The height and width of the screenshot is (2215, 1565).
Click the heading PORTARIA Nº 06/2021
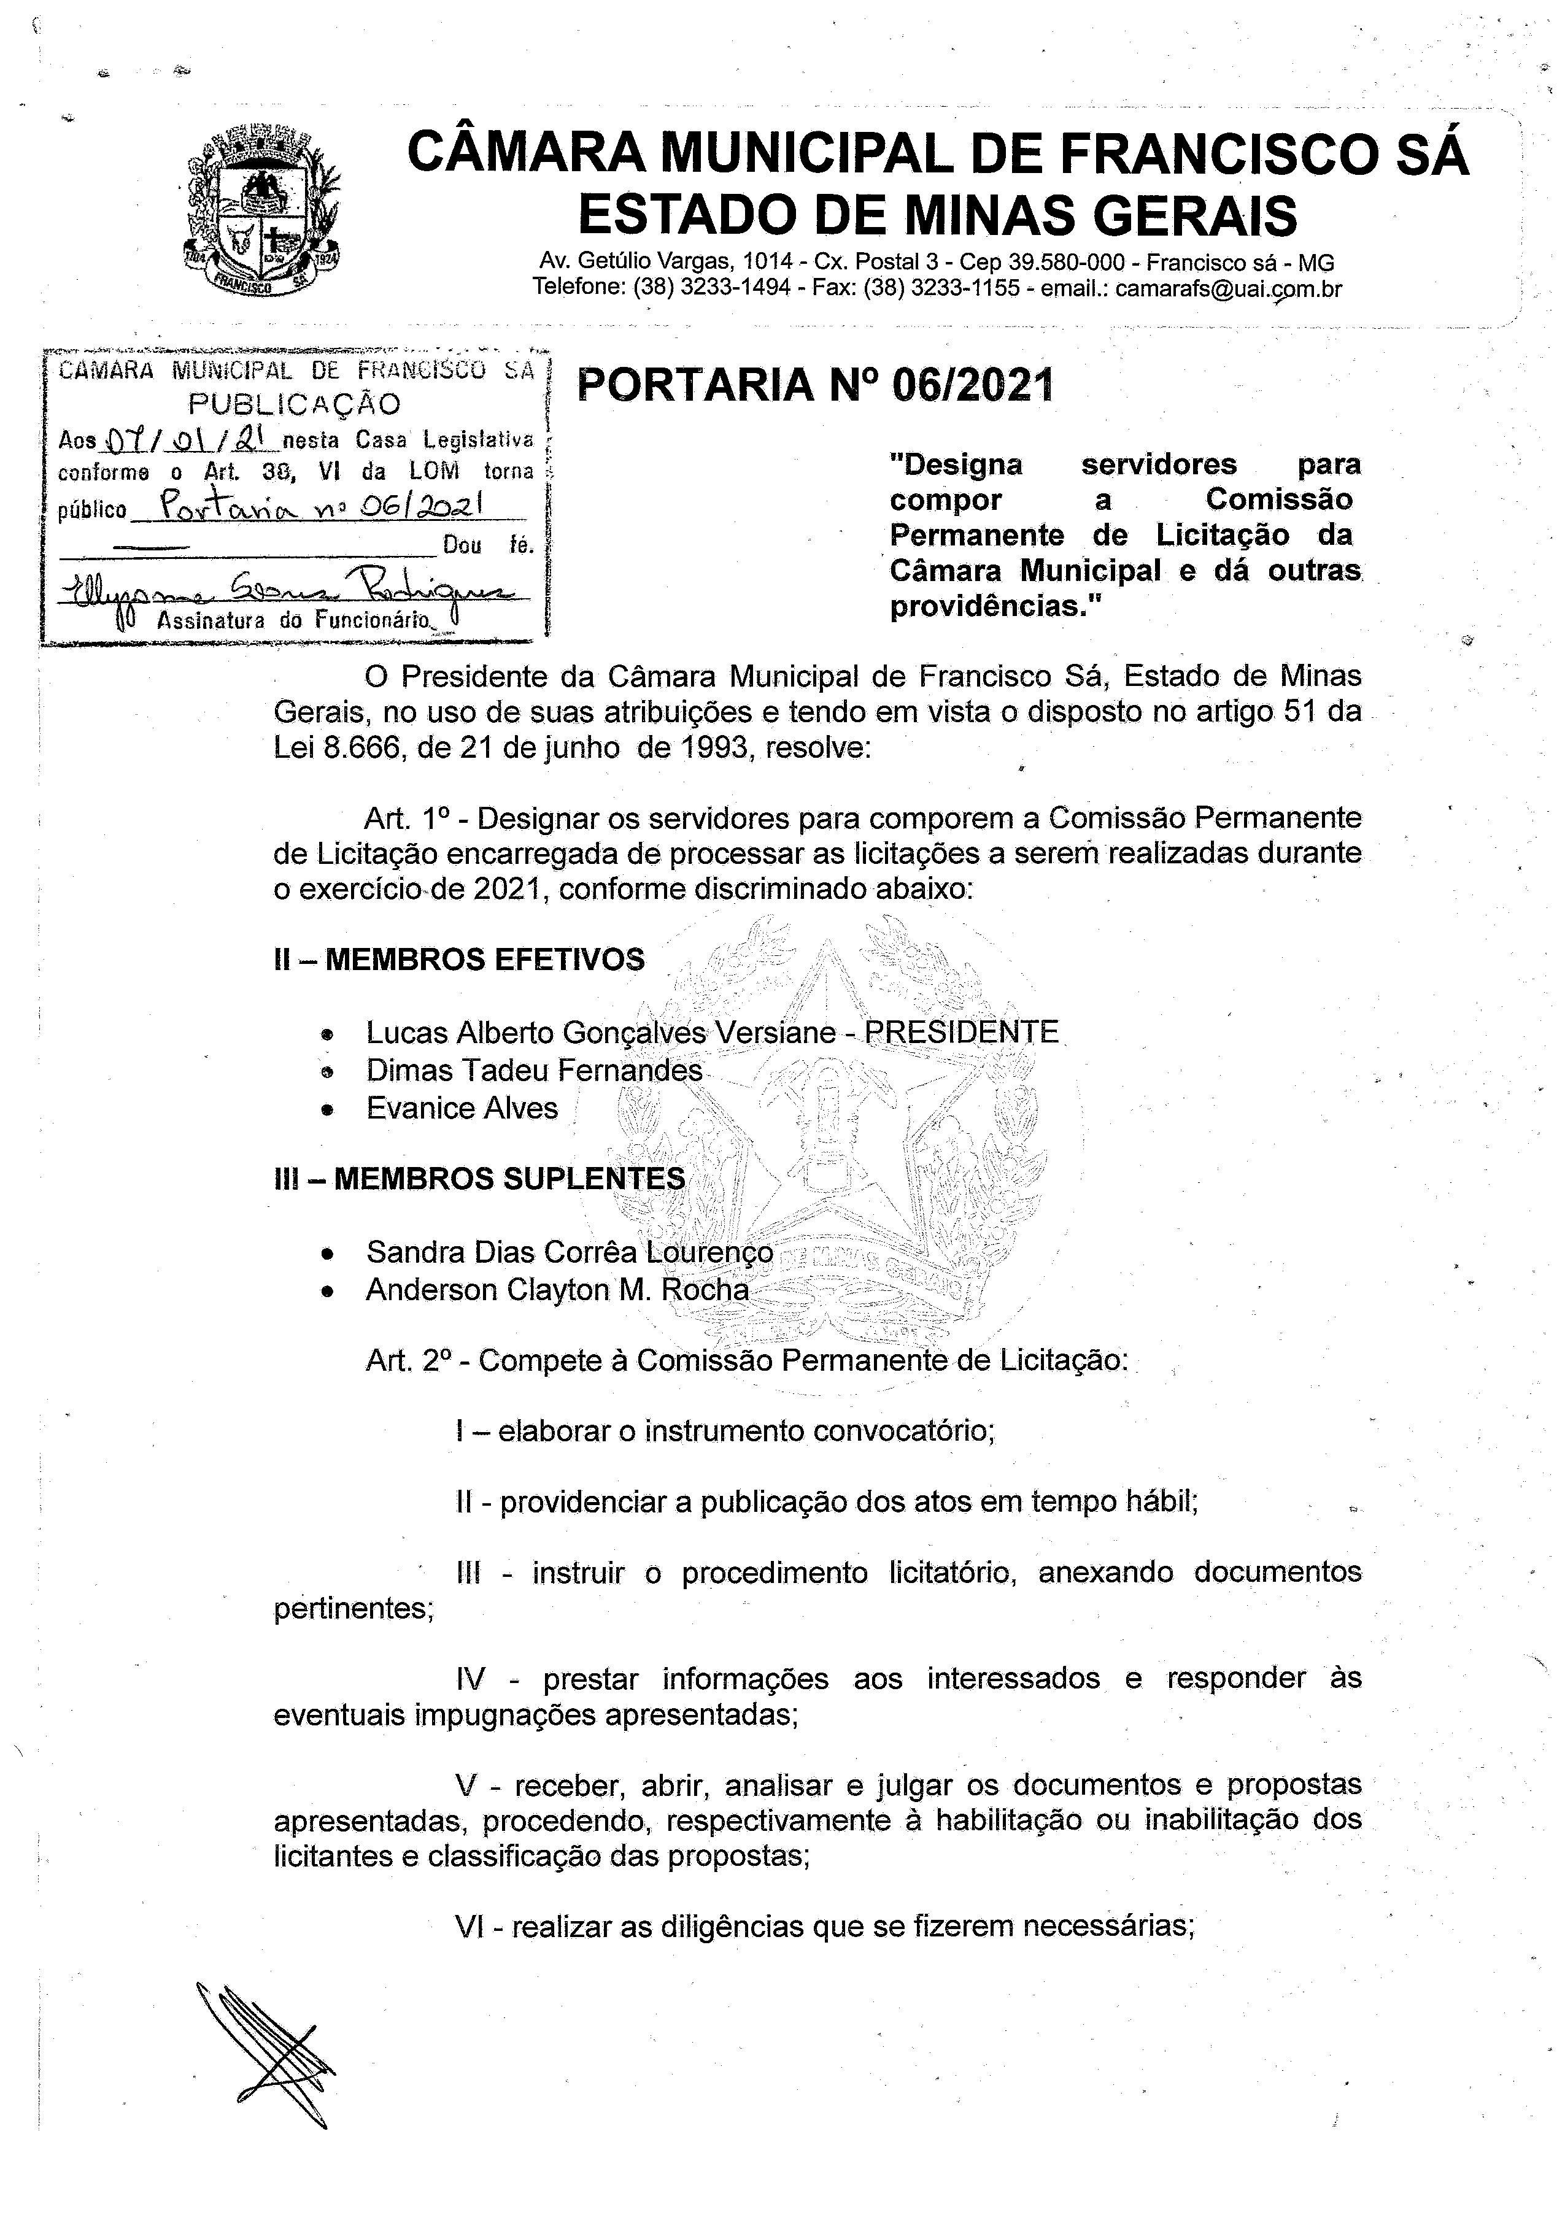[x=814, y=385]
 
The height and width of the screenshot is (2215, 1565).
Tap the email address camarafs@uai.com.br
[x=1227, y=288]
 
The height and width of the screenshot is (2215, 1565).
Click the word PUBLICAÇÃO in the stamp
[x=295, y=404]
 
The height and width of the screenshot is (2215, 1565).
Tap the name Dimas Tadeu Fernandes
[x=533, y=1070]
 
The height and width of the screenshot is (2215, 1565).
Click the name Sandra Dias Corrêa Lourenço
[x=570, y=1252]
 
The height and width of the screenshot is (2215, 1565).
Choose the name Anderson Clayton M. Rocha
[x=557, y=1290]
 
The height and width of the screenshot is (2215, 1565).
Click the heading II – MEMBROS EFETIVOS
[x=459, y=960]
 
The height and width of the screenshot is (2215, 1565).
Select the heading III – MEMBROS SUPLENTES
[x=479, y=1179]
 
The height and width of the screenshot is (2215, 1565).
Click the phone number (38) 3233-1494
[x=711, y=288]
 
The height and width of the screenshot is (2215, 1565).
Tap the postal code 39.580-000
[x=1067, y=263]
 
